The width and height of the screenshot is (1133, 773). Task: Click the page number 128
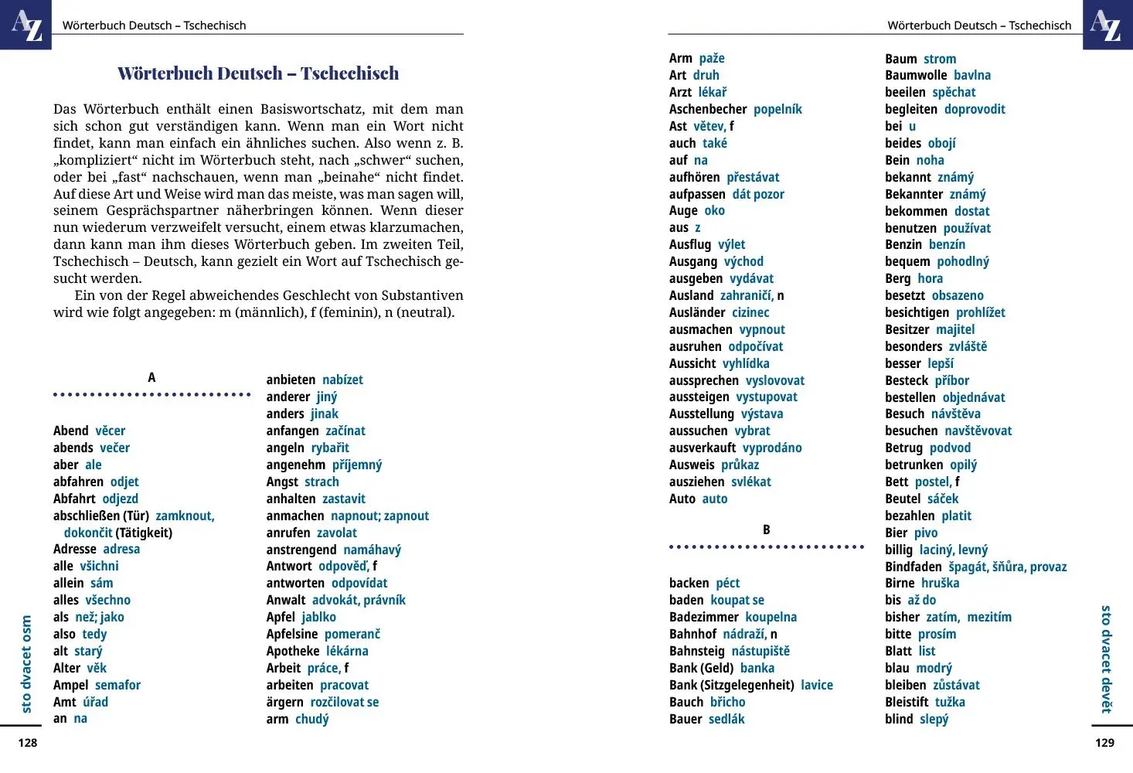click(28, 743)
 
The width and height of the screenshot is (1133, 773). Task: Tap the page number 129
click(1104, 743)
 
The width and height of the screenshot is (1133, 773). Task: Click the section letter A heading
click(151, 377)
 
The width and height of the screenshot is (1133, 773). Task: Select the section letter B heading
click(766, 530)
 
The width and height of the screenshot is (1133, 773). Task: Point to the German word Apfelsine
click(292, 634)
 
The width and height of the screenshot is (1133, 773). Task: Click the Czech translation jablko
click(318, 617)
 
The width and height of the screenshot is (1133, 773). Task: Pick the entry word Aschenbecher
click(708, 109)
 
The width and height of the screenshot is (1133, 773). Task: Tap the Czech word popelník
click(777, 109)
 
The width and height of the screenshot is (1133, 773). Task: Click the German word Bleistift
click(907, 702)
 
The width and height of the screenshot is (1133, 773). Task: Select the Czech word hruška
click(940, 583)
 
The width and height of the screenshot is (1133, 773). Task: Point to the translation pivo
click(925, 533)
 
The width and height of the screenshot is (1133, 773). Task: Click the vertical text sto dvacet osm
click(26, 663)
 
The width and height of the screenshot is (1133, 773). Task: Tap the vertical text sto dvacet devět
click(1106, 659)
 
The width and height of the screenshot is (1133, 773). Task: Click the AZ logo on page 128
click(26, 25)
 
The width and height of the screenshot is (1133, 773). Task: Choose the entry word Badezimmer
click(703, 617)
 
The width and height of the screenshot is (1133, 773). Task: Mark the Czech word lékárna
click(347, 651)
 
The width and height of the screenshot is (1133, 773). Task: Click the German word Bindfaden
click(913, 567)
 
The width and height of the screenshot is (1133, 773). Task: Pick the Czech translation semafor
click(117, 685)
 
